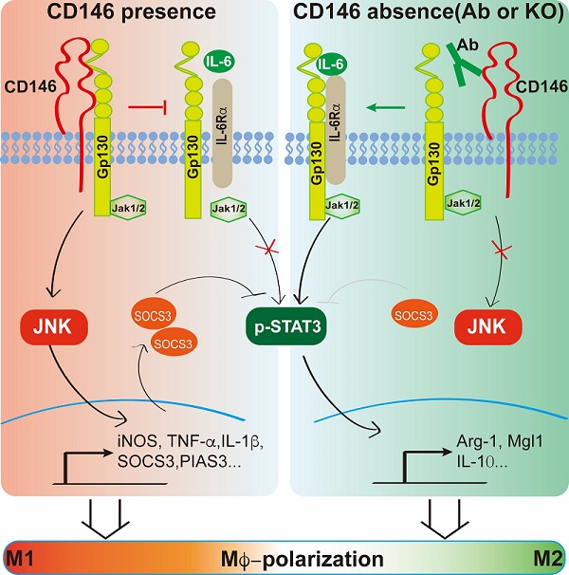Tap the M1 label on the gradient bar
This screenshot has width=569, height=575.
(x=20, y=558)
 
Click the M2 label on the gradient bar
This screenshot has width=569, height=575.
(x=548, y=558)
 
